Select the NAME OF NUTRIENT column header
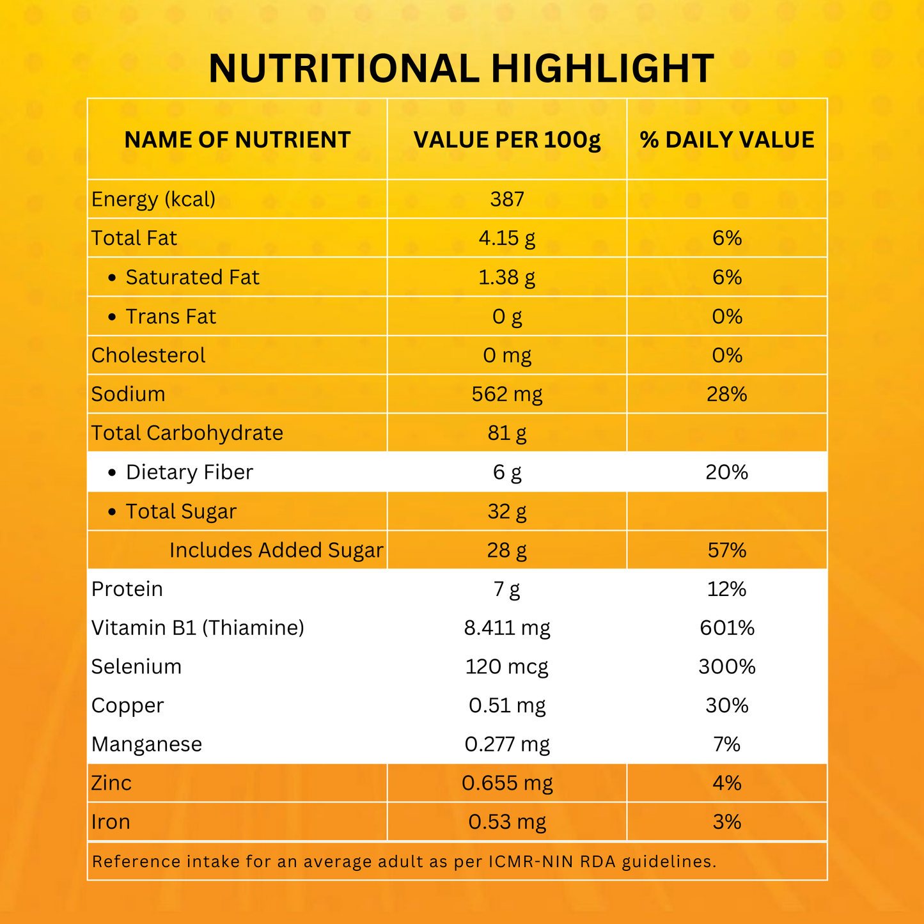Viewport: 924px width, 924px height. click(237, 140)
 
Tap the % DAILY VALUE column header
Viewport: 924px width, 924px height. click(727, 140)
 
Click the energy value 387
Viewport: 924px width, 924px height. click(507, 200)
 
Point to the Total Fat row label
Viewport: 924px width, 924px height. click(134, 239)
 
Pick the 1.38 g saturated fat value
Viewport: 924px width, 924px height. click(507, 278)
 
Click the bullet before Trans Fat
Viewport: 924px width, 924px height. click(113, 317)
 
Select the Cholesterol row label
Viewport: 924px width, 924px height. click(148, 356)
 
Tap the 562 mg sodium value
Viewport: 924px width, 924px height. click(507, 395)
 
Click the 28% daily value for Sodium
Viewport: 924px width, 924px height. click(727, 395)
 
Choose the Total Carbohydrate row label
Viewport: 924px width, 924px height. click(187, 434)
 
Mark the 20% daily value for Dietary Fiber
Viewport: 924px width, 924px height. click(727, 473)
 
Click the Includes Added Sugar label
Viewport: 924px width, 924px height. click(276, 551)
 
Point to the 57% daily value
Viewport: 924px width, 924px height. click(727, 551)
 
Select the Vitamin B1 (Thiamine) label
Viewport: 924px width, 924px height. click(198, 628)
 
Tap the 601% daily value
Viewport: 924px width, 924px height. click(727, 628)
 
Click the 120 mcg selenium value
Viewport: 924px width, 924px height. click(507, 667)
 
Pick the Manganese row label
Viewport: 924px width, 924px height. click(146, 744)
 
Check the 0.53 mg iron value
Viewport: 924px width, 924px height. click(507, 822)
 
